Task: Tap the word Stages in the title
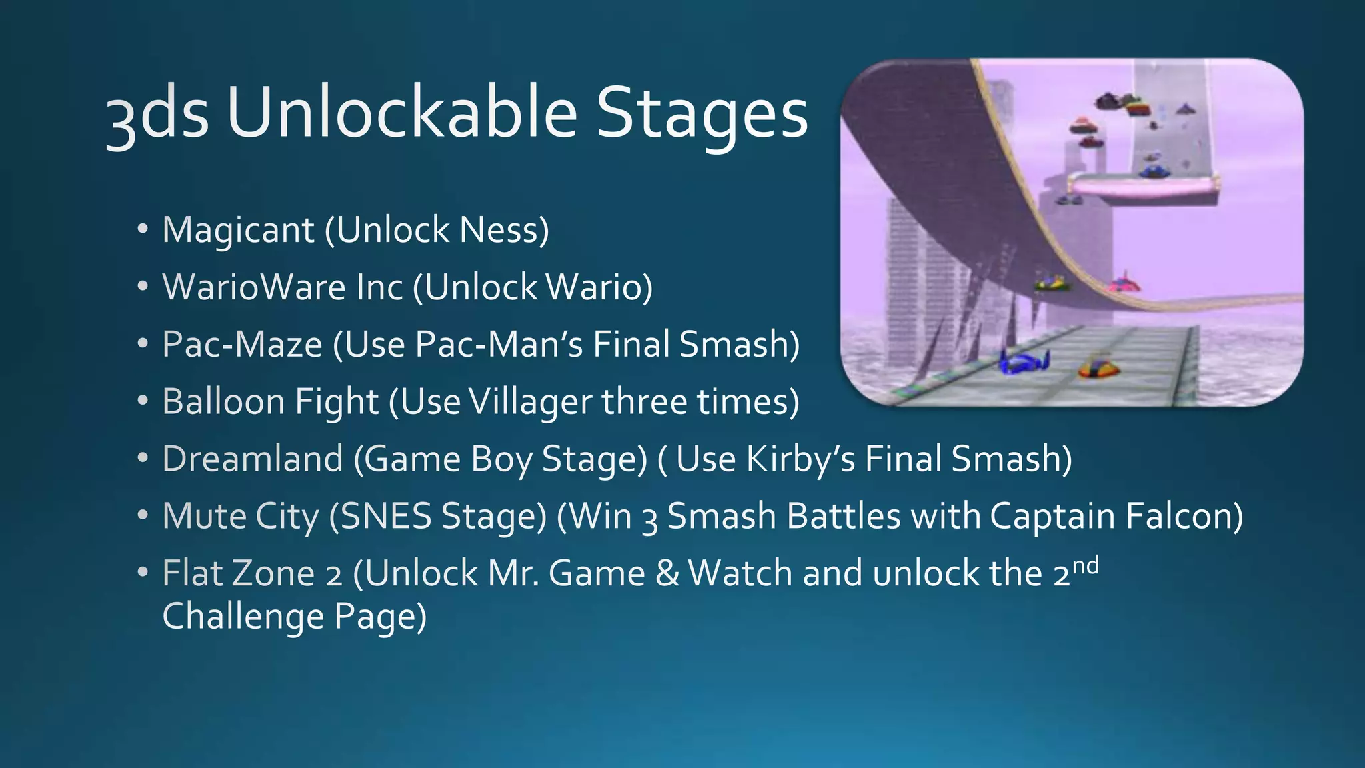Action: coord(701,115)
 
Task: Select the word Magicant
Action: coord(238,231)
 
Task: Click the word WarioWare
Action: coord(254,287)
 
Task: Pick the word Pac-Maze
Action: coord(242,345)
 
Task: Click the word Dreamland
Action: coord(252,459)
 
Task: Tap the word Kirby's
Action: coord(800,459)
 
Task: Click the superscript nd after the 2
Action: coord(1085,565)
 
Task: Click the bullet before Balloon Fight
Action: coord(142,401)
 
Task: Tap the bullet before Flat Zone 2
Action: coord(142,573)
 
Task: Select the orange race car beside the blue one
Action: coord(1099,367)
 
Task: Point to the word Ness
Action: coord(503,231)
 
